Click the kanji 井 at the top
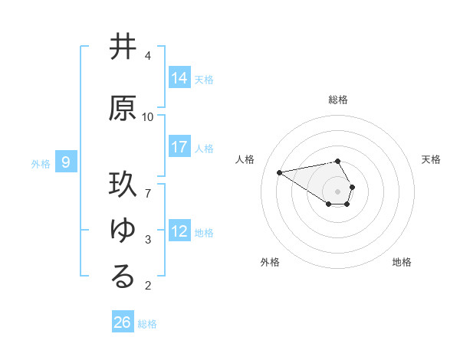pos(123,47)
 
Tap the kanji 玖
pos(123,185)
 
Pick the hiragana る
pos(123,277)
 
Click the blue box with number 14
pos(179,78)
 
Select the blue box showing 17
pos(179,147)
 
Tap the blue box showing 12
pos(179,231)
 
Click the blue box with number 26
pos(123,322)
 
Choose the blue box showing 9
pos(67,162)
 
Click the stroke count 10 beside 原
pos(148,117)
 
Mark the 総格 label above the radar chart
pos(338,100)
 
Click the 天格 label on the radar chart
pos(431,159)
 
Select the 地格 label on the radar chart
pos(402,262)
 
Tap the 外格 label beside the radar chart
pos(270,262)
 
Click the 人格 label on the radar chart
pos(245,159)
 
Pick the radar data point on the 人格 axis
pos(279,172)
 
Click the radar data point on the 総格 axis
pos(338,161)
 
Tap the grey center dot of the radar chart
pos(338,191)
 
